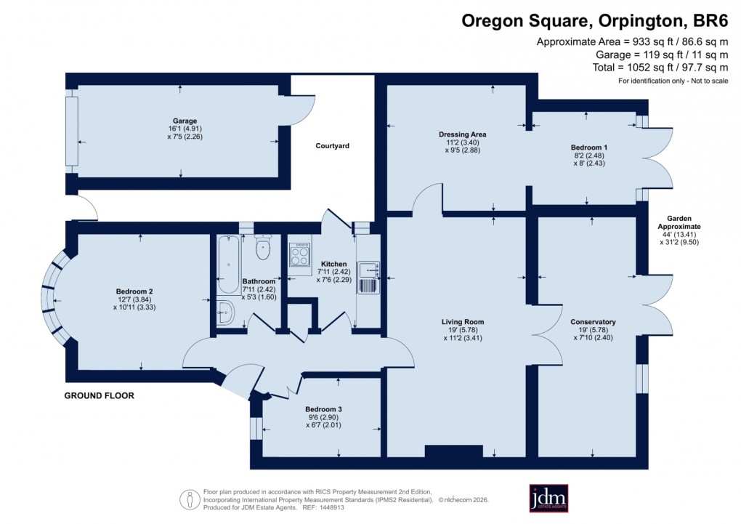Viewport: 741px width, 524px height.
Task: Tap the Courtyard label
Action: (x=332, y=146)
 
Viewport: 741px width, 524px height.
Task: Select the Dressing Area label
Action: (x=462, y=134)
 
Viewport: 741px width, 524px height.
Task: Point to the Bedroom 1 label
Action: (x=588, y=148)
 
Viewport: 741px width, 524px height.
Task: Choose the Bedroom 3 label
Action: (x=323, y=409)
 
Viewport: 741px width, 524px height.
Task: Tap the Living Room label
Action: (x=462, y=322)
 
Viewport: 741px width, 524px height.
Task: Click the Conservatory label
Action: (x=593, y=322)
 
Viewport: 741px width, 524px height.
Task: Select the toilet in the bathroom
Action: (x=263, y=249)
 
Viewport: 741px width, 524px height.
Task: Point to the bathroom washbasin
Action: (x=224, y=313)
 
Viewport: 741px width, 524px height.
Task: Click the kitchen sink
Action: (x=368, y=277)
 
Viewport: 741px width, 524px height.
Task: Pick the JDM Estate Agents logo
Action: (x=548, y=499)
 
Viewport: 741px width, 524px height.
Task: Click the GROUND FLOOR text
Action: (x=100, y=396)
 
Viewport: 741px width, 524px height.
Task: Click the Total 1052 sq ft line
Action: (x=660, y=68)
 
